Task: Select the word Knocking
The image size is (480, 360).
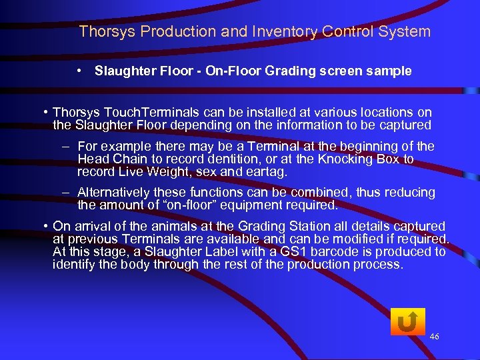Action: pos(349,159)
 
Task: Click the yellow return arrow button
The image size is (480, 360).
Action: pos(407,323)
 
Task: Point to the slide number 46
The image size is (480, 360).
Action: pos(434,337)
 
